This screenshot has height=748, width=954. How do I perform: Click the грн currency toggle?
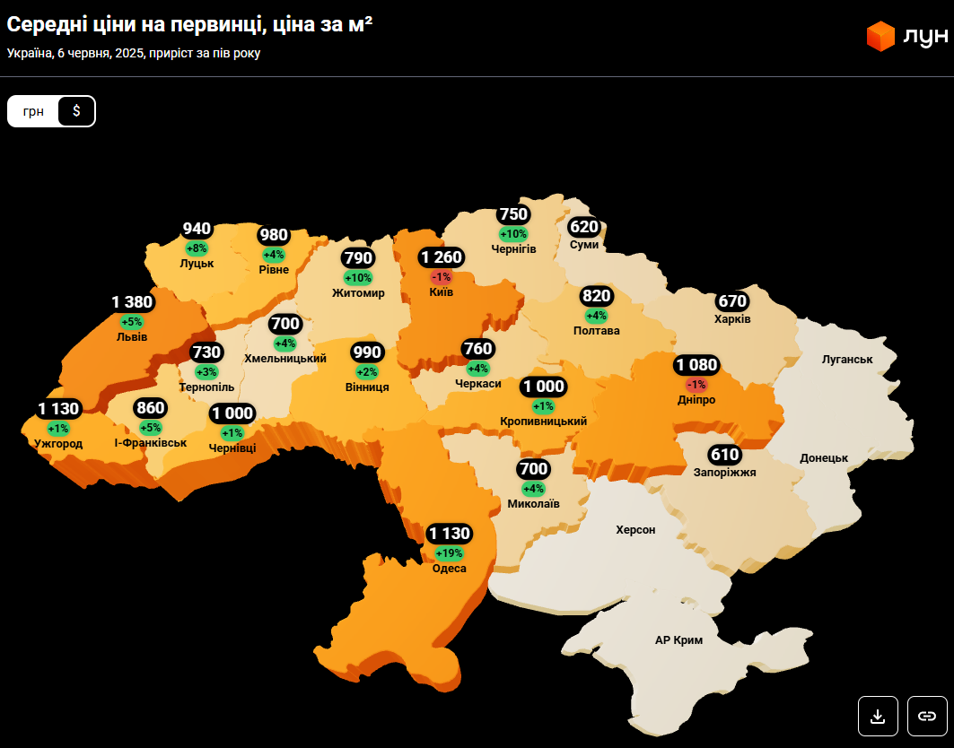[x=33, y=111]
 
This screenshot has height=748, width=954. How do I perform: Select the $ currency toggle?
[x=76, y=111]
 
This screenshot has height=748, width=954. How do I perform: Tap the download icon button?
[x=878, y=716]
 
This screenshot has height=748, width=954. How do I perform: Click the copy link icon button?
[x=927, y=716]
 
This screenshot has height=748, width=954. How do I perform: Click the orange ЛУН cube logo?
[x=880, y=36]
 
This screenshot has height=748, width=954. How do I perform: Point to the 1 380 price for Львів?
[x=132, y=302]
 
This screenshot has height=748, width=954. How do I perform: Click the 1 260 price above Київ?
[x=442, y=258]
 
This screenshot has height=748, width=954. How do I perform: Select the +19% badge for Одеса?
[x=449, y=553]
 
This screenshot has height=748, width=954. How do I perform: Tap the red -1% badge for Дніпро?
[x=696, y=384]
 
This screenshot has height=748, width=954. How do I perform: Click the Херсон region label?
[x=635, y=530]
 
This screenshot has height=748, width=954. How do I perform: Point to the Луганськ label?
[x=847, y=360]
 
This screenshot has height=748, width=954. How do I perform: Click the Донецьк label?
[x=824, y=458]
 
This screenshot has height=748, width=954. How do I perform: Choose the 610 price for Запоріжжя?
[x=724, y=455]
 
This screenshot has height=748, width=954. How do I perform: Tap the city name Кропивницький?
[x=544, y=422]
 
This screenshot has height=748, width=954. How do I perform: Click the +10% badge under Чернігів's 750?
[x=513, y=234]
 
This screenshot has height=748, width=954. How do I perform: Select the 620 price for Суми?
[x=583, y=227]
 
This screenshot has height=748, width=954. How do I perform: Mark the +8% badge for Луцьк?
[x=197, y=248]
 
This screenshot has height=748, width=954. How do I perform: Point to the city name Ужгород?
[x=58, y=444]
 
